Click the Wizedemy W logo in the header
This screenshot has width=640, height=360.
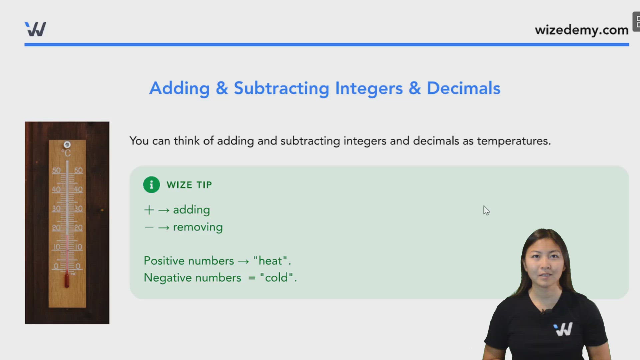click(35, 29)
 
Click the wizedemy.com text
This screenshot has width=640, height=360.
click(581, 30)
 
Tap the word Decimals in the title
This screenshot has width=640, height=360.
click(463, 88)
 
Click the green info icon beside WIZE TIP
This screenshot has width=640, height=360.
click(151, 185)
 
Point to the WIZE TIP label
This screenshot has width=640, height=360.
click(189, 185)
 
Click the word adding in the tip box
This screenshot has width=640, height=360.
click(191, 210)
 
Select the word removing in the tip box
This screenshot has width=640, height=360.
click(198, 227)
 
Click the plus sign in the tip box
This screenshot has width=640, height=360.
click(149, 210)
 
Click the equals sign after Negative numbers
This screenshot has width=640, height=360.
click(252, 278)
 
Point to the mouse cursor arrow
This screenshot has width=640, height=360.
click(486, 210)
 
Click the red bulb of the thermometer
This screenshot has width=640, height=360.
click(67, 281)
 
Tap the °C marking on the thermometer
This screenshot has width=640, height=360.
click(66, 153)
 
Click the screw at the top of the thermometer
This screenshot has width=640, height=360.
click(67, 145)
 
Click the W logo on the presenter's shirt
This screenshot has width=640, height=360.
click(563, 329)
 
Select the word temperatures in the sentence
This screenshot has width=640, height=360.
click(513, 141)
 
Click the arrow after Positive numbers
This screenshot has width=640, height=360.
click(243, 261)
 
